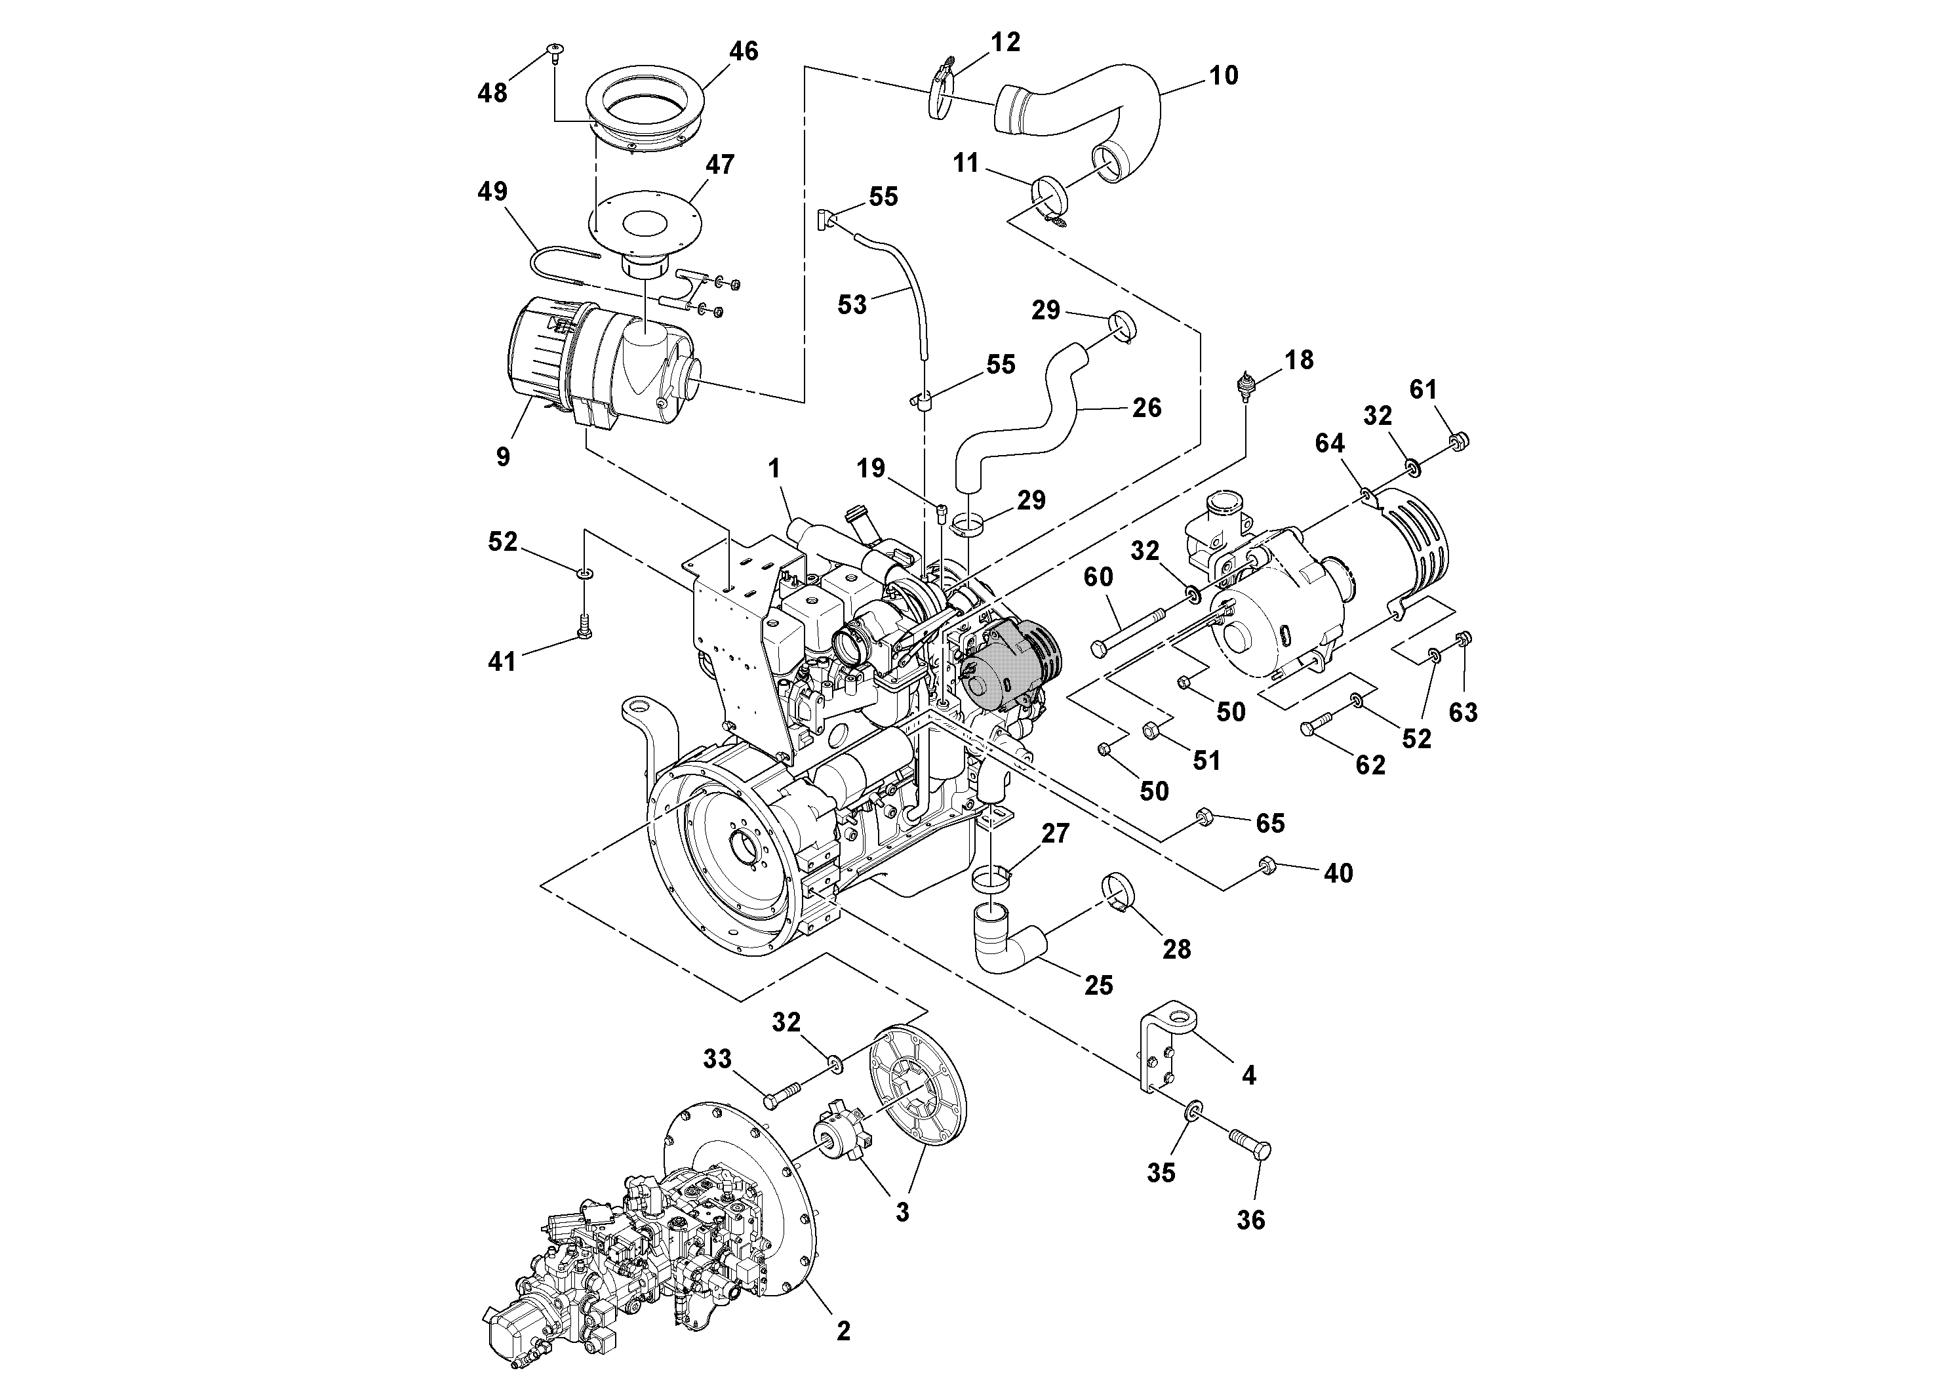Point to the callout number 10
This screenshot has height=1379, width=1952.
(x=1224, y=75)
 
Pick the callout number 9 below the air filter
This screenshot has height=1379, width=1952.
(x=504, y=456)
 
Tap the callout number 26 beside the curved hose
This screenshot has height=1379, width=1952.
(x=1146, y=407)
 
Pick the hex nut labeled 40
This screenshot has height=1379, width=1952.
(x=1266, y=866)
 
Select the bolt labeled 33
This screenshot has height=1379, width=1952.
(x=782, y=1095)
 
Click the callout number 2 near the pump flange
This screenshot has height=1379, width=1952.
(x=843, y=1330)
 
